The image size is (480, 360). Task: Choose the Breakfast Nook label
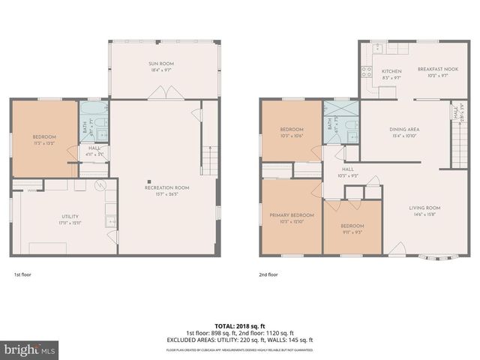click(433, 70)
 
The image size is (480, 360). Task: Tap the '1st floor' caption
click(22, 275)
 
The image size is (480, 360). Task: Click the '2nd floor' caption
click(268, 275)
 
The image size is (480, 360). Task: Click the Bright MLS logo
click(30, 349)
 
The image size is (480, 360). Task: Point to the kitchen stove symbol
click(367, 73)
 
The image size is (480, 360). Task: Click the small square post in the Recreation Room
click(149, 181)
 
